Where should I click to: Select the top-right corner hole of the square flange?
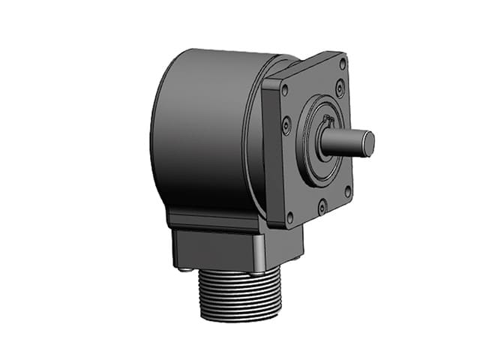[342, 63]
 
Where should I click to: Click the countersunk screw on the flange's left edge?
[286, 126]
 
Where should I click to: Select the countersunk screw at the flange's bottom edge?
[321, 203]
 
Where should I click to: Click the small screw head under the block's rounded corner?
[258, 272]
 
